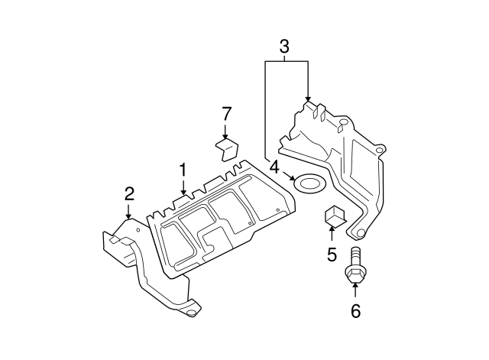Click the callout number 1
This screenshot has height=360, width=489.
point(183,169)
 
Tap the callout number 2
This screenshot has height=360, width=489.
point(129,193)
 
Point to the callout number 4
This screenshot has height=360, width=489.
point(274,167)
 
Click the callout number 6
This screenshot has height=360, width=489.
point(355,310)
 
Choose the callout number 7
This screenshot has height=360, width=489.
point(226,114)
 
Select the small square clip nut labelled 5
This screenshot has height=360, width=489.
point(335,216)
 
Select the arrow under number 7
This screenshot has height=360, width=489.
point(226,131)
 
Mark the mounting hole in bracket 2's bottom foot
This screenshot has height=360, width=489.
point(192,312)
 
